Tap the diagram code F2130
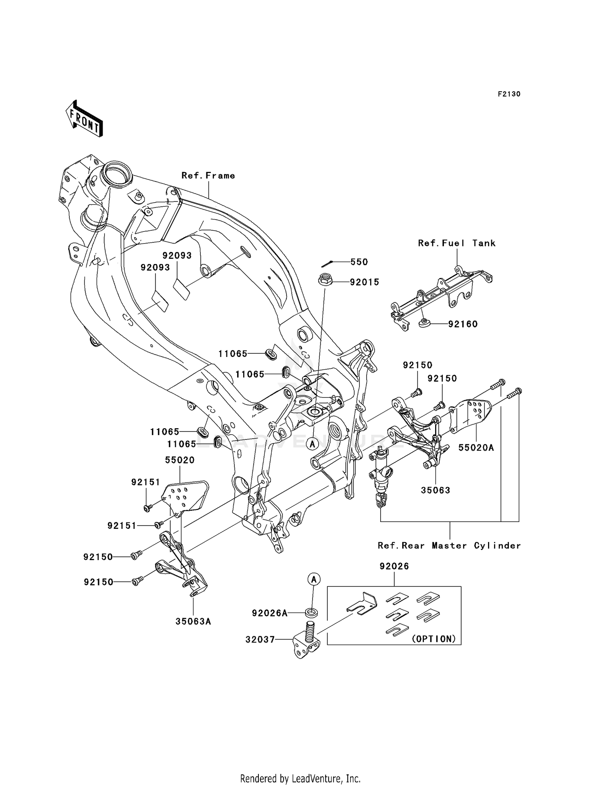tap(509, 94)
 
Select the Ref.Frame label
tap(208, 175)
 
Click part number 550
tap(359, 262)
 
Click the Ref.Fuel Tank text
tap(457, 243)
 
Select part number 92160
tap(463, 324)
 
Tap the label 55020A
tap(476, 447)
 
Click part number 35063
tap(436, 490)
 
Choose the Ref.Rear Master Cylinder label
tap(449, 546)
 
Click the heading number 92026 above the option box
tap(394, 566)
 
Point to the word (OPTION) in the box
tap(434, 639)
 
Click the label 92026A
tap(270, 613)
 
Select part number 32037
tap(260, 640)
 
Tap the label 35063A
tap(193, 621)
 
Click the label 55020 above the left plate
tap(180, 460)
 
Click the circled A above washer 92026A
tap(314, 579)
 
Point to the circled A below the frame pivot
tap(313, 443)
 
